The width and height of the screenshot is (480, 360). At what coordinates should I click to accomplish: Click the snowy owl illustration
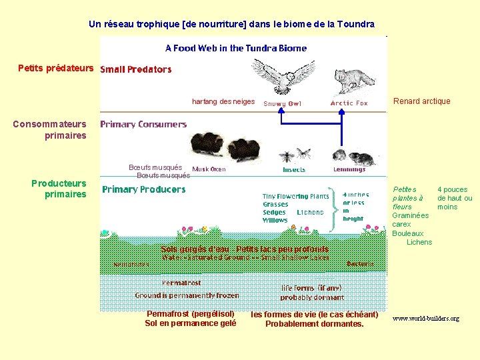(283, 75)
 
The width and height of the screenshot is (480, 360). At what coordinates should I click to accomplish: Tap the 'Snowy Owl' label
(282, 104)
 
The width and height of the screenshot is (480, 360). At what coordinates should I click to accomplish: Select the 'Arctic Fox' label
(349, 103)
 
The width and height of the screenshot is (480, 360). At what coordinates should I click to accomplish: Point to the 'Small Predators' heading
(135, 69)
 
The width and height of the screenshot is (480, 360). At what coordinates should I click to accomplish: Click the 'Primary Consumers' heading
(143, 124)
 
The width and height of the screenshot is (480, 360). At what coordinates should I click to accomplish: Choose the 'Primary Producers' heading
(143, 189)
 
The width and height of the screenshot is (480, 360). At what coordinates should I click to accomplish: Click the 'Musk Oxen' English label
(209, 169)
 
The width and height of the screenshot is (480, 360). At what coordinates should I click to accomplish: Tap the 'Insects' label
(294, 170)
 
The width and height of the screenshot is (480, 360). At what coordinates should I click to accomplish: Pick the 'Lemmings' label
(349, 169)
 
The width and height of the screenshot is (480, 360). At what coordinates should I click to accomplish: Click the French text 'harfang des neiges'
(223, 101)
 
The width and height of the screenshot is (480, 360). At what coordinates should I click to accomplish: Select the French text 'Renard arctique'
(421, 101)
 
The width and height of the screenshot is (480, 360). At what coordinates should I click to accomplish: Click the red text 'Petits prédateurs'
(56, 69)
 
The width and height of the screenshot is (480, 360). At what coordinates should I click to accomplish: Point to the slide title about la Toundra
(231, 25)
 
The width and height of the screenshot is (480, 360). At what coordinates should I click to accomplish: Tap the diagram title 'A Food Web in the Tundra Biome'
(236, 48)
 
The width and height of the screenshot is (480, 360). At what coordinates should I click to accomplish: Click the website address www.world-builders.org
(425, 319)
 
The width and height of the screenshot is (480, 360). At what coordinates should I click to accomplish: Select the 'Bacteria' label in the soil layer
(361, 264)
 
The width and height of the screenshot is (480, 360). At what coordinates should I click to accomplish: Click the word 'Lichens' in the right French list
(419, 242)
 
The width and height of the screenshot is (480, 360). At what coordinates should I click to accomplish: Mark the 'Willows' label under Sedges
(275, 220)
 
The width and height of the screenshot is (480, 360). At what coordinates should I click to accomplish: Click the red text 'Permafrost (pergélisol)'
(190, 314)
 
